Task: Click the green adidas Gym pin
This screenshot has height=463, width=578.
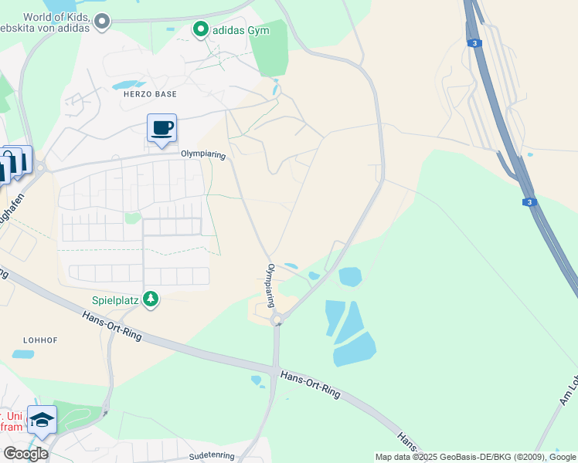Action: (x=201, y=29)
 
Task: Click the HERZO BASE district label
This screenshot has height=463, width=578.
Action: (x=150, y=94)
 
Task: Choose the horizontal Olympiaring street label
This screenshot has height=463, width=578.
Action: (x=202, y=154)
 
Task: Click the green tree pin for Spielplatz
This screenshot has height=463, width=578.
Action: (x=151, y=298)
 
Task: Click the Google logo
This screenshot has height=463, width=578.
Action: (x=25, y=454)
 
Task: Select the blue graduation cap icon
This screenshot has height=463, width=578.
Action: (x=42, y=419)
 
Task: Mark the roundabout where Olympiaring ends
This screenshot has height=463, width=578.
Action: (x=276, y=320)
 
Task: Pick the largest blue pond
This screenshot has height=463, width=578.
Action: (x=354, y=349)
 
